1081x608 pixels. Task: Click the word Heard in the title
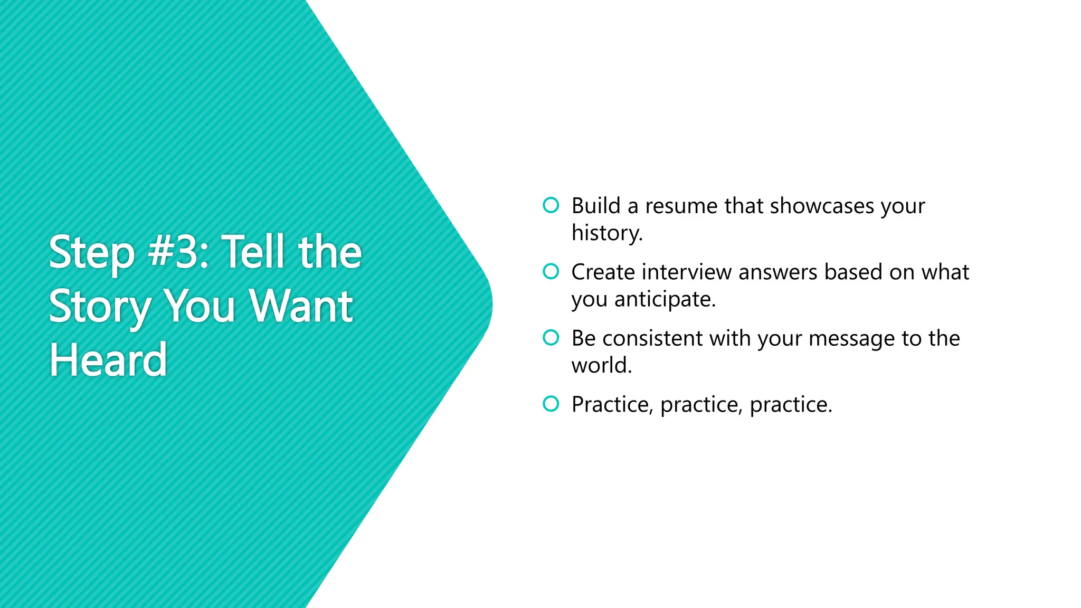108,360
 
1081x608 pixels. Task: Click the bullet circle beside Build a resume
551,205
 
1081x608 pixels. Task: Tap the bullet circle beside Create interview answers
551,271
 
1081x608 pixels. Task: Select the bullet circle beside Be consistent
551,338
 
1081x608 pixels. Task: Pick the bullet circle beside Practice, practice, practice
551,404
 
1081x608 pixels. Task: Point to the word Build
596,206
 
